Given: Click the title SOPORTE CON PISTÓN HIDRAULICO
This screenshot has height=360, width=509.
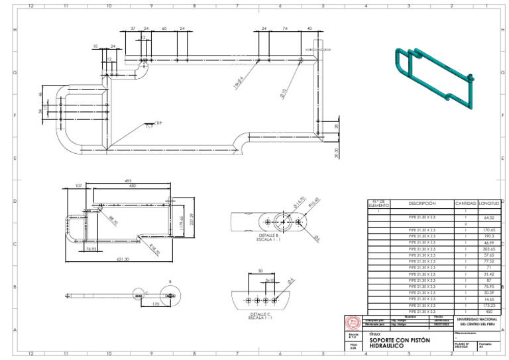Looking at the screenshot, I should click(x=400, y=343).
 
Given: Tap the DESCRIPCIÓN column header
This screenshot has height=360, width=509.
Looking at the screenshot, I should click(x=422, y=203).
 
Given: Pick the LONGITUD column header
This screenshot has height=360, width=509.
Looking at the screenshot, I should click(x=489, y=203).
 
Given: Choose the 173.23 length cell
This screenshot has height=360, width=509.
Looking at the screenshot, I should click(x=489, y=305).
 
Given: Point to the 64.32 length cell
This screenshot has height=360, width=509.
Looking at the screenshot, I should click(x=489, y=217).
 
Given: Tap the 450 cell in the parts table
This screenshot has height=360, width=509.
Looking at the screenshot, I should click(x=489, y=311).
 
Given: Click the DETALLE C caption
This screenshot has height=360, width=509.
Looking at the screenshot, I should click(x=260, y=315).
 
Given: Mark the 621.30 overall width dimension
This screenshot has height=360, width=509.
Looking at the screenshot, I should click(x=123, y=259).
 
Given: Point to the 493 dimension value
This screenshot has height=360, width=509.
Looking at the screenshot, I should click(x=127, y=181).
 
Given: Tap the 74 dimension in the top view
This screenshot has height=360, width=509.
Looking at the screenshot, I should click(x=285, y=29).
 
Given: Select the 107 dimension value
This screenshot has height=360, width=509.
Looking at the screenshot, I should click(x=79, y=186).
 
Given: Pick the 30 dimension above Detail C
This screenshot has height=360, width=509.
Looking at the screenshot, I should click(x=260, y=270).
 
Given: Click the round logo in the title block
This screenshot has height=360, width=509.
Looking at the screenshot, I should click(x=353, y=322).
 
